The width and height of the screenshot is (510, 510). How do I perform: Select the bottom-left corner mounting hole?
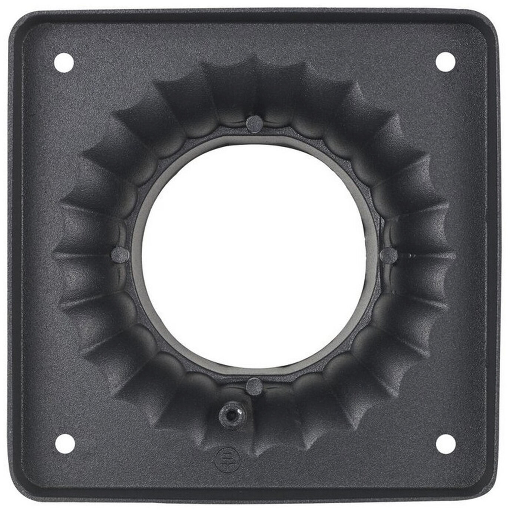coord(65,443)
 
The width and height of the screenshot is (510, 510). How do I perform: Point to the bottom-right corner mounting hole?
coord(445,443)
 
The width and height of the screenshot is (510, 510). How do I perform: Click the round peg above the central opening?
coord(254,124)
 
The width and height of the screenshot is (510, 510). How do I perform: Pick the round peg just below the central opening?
coord(254,387)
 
